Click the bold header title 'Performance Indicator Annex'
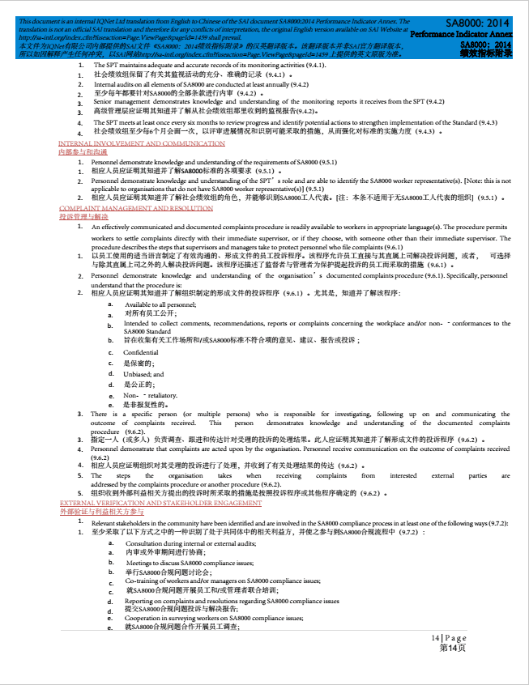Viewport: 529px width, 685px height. (x=461, y=35)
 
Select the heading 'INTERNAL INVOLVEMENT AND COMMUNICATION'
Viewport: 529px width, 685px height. (x=142, y=143)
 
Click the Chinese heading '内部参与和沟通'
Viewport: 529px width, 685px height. (x=82, y=151)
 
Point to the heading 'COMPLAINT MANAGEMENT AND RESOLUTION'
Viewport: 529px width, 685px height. (x=136, y=208)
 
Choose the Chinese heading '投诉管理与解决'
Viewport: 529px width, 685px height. (x=83, y=216)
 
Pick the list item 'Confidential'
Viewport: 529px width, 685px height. (x=141, y=353)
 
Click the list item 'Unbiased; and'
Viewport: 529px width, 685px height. (x=143, y=375)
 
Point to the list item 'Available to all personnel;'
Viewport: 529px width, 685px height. (x=160, y=304)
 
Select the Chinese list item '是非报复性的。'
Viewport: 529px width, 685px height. (x=146, y=404)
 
